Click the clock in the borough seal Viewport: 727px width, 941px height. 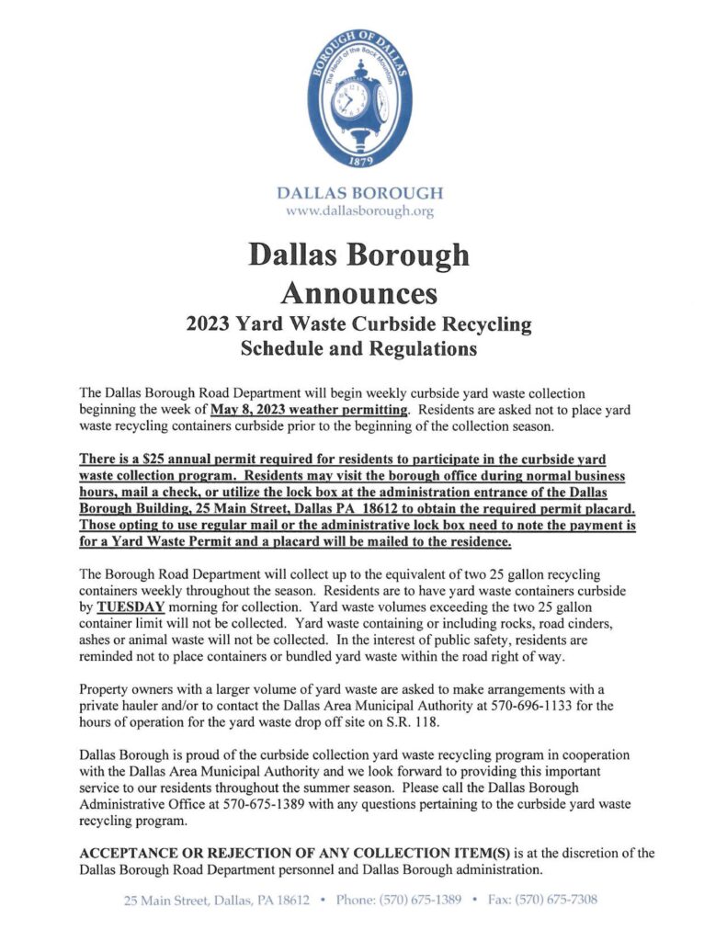(x=361, y=100)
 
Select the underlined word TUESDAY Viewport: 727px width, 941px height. (x=123, y=607)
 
